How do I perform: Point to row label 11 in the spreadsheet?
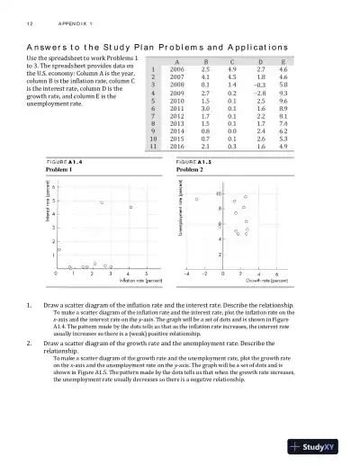(155, 145)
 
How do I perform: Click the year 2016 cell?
(177, 145)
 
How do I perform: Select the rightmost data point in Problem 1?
(131, 207)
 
